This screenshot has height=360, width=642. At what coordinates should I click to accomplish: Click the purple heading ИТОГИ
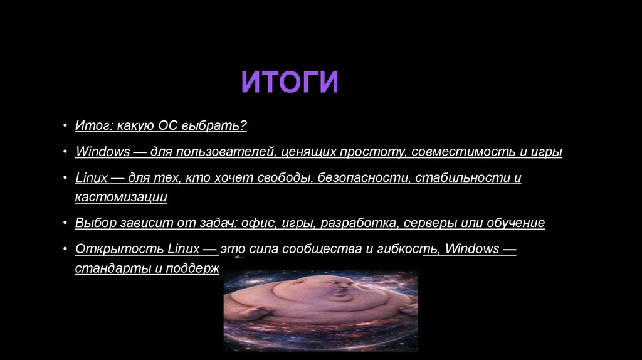(x=290, y=83)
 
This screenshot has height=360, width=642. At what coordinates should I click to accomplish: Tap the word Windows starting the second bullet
(x=102, y=152)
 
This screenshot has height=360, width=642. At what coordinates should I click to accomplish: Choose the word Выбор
(x=95, y=223)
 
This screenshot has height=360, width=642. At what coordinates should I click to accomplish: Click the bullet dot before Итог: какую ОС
(x=65, y=127)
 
